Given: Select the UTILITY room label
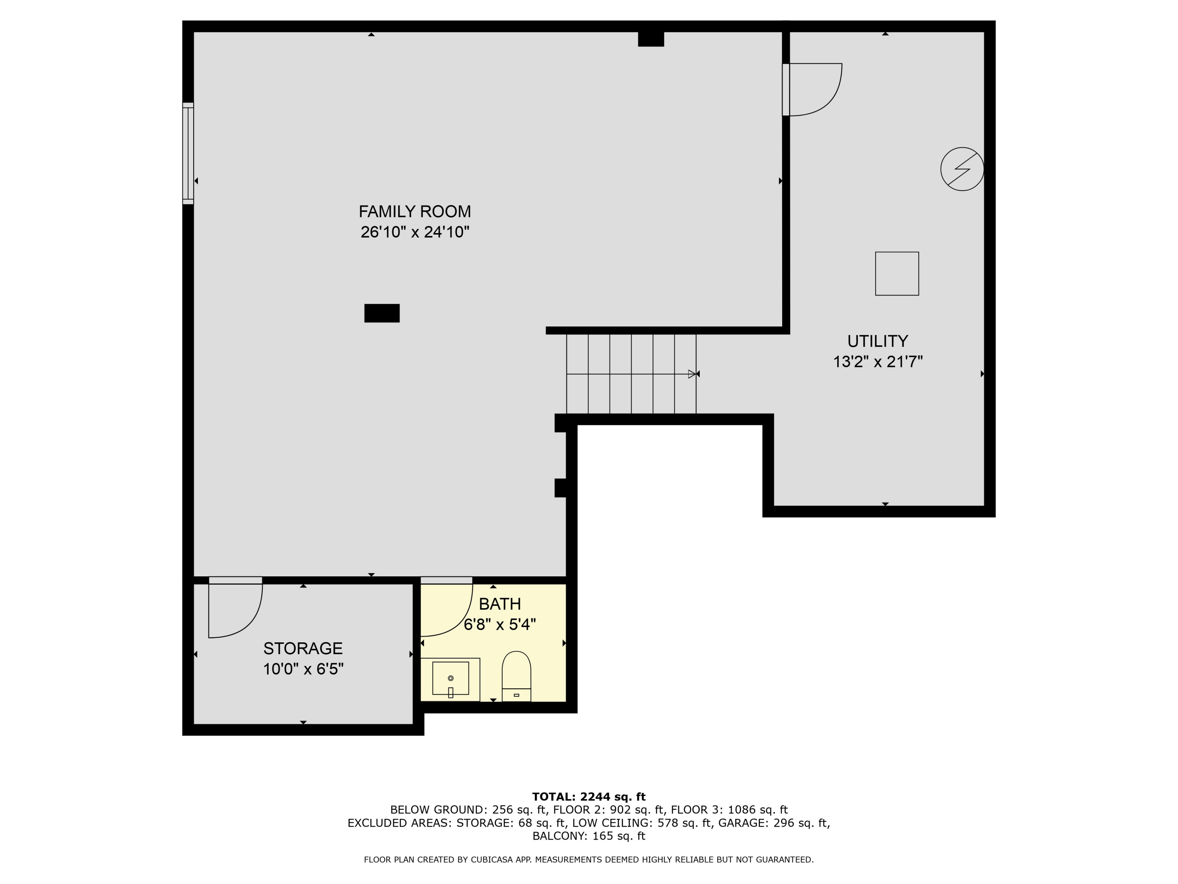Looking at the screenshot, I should (x=877, y=341).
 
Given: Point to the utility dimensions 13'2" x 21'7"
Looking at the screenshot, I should (x=877, y=362).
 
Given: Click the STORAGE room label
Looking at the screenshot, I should (x=302, y=649).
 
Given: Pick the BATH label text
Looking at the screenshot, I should (x=499, y=604).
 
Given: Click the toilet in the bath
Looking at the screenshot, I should (x=516, y=676).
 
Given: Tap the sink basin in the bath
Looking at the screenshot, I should (x=450, y=678).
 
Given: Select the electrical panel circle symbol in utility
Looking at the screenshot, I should (x=962, y=169).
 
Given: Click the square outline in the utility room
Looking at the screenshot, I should (x=897, y=273).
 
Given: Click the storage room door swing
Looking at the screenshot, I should (x=235, y=610).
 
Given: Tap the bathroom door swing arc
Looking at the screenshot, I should (x=446, y=609).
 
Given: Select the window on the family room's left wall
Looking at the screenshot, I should (x=188, y=154).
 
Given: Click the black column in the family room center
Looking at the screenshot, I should (x=381, y=313).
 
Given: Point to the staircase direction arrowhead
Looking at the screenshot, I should (x=692, y=374).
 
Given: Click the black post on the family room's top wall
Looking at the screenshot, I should (x=651, y=39).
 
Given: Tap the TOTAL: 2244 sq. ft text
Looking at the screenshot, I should (x=589, y=797).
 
